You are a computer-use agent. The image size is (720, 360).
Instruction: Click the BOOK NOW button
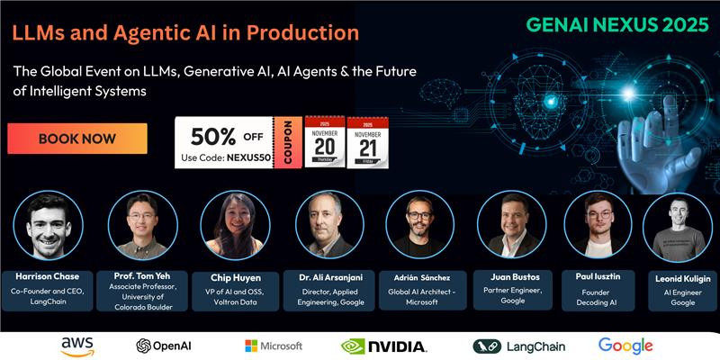[77, 139]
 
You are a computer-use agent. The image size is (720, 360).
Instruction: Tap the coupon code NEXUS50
[247, 157]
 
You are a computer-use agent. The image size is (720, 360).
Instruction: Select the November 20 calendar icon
[325, 141]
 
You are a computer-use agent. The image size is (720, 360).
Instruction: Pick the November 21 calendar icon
[368, 142]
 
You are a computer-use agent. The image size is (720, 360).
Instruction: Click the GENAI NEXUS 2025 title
[616, 25]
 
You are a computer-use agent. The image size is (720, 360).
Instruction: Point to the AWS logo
[77, 346]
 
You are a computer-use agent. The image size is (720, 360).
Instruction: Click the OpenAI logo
[164, 346]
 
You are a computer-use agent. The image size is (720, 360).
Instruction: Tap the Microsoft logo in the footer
[274, 346]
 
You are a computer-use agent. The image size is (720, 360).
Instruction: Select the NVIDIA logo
[384, 346]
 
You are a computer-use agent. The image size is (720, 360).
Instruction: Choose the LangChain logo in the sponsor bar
[519, 346]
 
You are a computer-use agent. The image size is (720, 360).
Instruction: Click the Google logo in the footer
[625, 346]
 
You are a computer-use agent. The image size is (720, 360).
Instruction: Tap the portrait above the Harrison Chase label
[49, 226]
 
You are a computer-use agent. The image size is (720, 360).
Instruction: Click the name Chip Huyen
[236, 278]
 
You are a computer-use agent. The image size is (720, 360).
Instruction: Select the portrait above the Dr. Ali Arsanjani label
[329, 224]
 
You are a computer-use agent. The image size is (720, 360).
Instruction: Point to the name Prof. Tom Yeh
[142, 276]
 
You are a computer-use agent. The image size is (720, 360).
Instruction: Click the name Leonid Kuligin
[683, 278]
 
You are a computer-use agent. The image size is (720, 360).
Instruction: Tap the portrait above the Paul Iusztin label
[598, 224]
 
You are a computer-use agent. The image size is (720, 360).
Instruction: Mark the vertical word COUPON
[288, 142]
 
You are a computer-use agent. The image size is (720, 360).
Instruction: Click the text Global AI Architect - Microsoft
[422, 297]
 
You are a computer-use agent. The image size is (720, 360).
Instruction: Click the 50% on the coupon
[213, 137]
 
